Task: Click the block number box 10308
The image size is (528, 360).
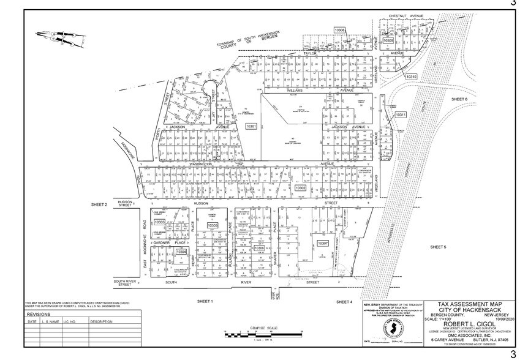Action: tap(340, 30)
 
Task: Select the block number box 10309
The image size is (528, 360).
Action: tap(388, 40)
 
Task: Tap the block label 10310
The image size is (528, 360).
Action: tap(411, 77)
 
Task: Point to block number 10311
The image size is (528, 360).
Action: tap(401, 114)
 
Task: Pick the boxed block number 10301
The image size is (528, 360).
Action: tap(251, 126)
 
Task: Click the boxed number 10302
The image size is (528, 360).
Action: tap(300, 189)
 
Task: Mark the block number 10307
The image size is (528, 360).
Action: tap(323, 243)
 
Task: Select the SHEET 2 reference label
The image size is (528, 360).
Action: tap(99, 204)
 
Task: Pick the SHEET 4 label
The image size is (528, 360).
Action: tap(344, 302)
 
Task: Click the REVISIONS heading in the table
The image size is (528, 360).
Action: tap(39, 313)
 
